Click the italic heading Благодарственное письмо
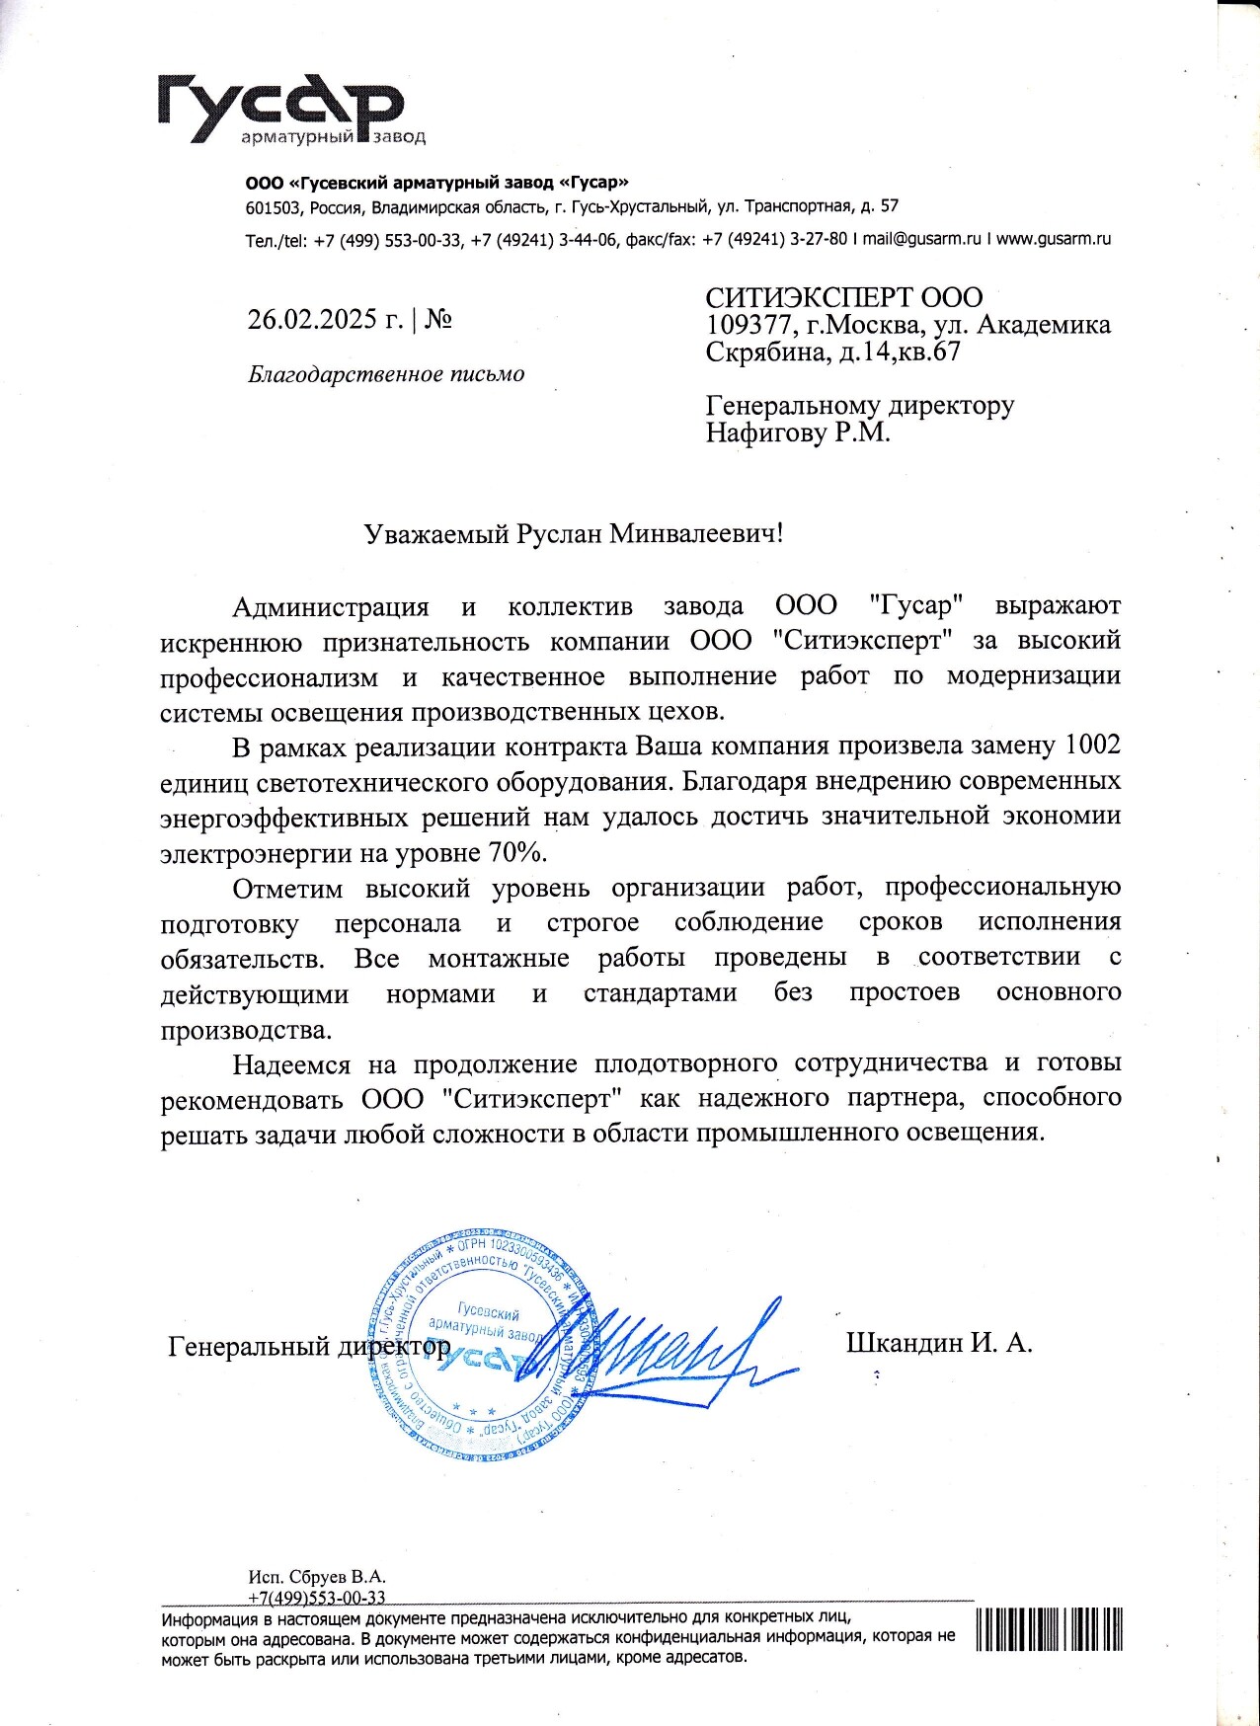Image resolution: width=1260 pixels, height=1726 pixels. [386, 374]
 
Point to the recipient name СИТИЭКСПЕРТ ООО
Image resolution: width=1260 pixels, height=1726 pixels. [844, 297]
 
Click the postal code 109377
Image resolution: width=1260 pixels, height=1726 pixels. [749, 325]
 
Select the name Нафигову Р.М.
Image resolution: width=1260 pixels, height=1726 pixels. [798, 432]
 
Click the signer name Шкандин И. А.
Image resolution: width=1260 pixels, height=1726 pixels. [939, 1342]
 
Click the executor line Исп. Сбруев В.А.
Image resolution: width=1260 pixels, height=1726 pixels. [317, 1577]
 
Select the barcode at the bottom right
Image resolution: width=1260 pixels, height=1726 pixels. [1051, 1628]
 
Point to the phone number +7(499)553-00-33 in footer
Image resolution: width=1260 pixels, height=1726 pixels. [317, 1598]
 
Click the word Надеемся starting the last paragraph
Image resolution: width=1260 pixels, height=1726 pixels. [291, 1063]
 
